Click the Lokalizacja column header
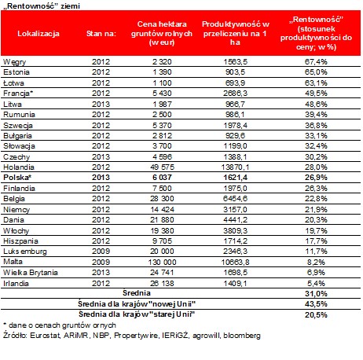38,34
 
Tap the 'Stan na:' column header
101,34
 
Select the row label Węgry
15,62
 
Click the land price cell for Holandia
162,167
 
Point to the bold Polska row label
17,178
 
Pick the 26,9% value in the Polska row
316,178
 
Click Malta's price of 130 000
162,262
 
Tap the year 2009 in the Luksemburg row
101,252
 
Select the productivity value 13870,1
235,167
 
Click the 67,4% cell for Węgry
316,62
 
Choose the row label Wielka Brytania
31,273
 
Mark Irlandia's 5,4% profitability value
316,283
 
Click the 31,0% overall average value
316,294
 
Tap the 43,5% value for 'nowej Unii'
316,304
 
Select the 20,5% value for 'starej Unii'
316,314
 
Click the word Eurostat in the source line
46,336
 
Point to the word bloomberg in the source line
242,336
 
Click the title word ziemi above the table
71,6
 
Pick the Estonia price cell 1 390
162,72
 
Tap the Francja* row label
18,94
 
